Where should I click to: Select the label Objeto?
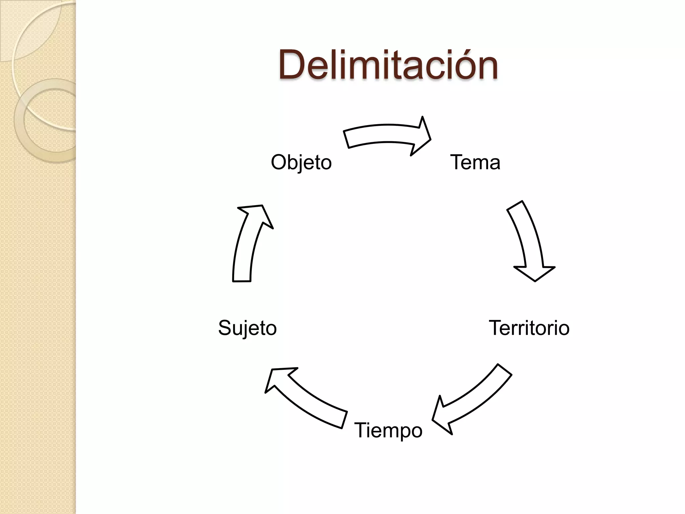tap(301, 163)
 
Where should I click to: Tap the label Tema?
tap(475, 162)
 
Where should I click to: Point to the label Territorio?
tap(529, 328)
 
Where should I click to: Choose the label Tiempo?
tap(388, 430)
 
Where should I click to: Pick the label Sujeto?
tap(247, 328)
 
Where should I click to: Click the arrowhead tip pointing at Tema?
tap(430, 139)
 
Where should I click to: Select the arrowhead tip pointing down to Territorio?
tap(535, 281)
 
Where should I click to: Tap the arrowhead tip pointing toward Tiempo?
tap(433, 420)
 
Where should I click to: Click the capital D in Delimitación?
tap(292, 65)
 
